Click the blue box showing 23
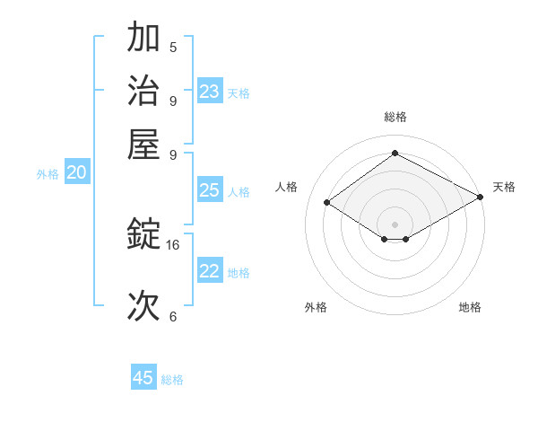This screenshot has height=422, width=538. [x=210, y=92]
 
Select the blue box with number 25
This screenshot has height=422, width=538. [x=210, y=190]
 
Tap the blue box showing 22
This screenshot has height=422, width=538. [x=210, y=271]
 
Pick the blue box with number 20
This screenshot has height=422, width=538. [x=77, y=173]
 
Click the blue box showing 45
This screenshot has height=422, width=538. [x=143, y=378]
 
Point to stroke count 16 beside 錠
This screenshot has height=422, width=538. [x=173, y=244]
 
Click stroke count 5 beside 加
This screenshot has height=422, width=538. [x=173, y=47]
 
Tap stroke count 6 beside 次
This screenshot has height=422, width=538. [x=173, y=316]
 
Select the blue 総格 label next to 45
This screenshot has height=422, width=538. [x=172, y=380]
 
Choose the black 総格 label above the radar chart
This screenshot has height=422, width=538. [x=395, y=117]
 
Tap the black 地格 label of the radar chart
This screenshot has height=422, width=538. [x=470, y=307]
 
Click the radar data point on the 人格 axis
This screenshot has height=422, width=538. [x=327, y=203]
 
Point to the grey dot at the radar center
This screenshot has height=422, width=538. [x=395, y=224]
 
